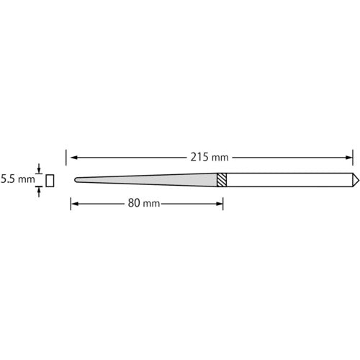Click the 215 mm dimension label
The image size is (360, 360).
click(210, 158)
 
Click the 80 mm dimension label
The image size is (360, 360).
click(144, 203)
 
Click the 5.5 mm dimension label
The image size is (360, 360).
click(17, 179)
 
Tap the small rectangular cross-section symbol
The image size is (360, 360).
click(50, 181)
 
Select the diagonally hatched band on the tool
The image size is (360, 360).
click(222, 180)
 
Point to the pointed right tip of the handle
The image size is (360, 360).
click(359, 180)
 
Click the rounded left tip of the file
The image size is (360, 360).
click(75, 180)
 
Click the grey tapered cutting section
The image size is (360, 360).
click(146, 180)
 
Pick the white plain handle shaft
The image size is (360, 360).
click(289, 180)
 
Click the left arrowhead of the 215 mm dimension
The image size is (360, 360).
click(74, 158)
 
